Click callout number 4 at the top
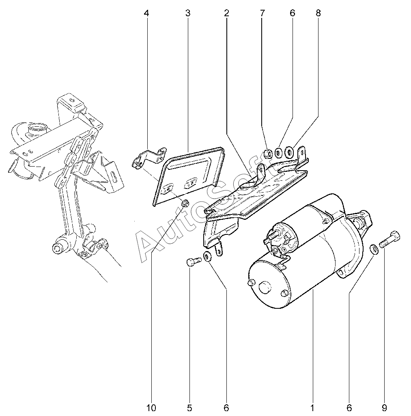[146, 13]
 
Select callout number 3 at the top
[187, 13]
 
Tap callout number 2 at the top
[226, 13]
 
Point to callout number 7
[262, 13]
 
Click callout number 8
[318, 13]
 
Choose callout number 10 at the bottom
[151, 407]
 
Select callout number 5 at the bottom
[189, 407]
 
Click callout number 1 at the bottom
[313, 407]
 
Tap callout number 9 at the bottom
[384, 407]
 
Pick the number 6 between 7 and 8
[292, 13]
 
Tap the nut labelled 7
[267, 154]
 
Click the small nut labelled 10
[185, 203]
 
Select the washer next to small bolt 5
[207, 256]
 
